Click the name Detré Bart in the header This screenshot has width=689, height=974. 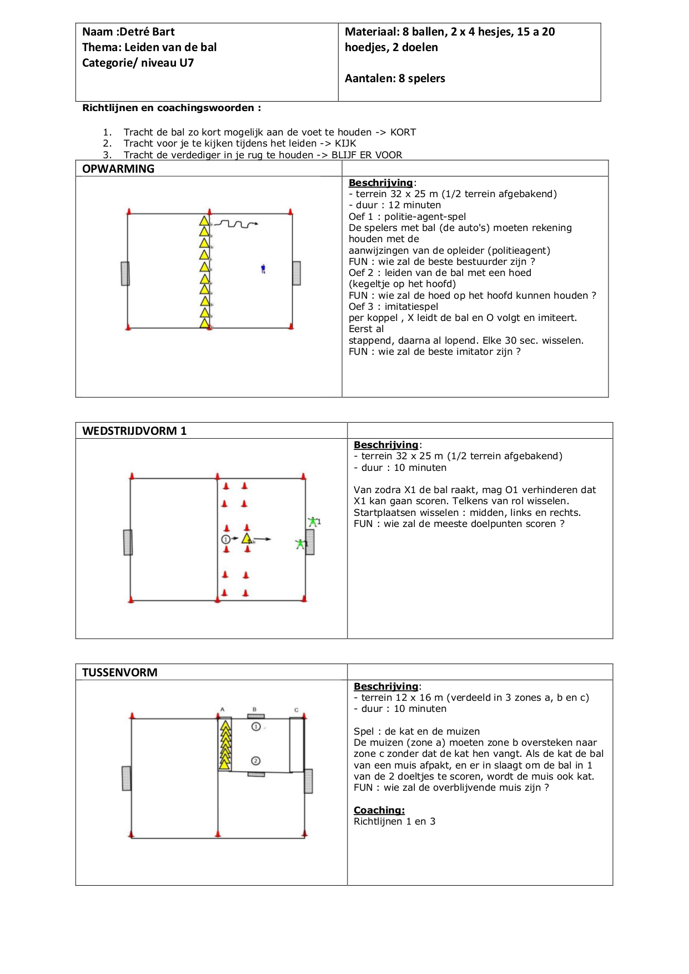point(148,32)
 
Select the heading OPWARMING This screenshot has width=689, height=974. point(118,169)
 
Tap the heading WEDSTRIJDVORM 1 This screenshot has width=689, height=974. point(134,431)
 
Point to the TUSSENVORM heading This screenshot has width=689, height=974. point(120,672)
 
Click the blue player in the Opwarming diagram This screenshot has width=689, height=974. point(263,269)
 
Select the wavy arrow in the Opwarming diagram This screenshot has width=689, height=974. point(236,224)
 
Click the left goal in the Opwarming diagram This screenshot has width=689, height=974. point(125,273)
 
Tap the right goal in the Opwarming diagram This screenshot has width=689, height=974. point(296,273)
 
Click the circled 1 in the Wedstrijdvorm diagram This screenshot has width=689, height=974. point(225,539)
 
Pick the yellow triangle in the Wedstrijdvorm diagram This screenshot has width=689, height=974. point(247,539)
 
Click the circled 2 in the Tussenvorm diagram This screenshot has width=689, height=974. point(255,761)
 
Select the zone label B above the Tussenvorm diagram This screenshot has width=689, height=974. point(254,709)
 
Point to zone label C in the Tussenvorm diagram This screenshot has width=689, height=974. point(296,710)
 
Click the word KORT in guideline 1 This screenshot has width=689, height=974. point(403,132)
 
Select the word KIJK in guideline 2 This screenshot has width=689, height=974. point(345,143)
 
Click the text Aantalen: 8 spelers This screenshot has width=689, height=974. point(395,78)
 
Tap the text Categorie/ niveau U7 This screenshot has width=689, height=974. point(138,63)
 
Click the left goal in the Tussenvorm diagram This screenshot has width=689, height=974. point(127,778)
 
